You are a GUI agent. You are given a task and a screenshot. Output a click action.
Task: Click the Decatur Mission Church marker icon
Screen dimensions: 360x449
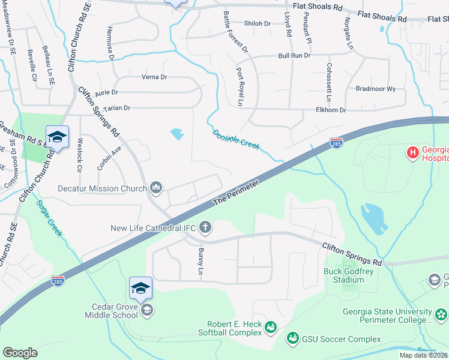point(157,188)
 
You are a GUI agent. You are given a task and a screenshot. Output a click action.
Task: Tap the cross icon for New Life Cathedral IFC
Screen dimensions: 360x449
point(205,227)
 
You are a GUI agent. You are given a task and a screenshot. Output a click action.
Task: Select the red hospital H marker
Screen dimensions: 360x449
point(413,153)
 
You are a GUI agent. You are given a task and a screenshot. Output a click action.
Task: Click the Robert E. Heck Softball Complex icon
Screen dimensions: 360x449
point(270,328)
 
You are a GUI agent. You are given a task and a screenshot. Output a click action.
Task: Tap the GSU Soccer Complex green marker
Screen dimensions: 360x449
point(293,339)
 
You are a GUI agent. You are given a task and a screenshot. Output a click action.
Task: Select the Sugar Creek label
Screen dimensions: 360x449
point(49,218)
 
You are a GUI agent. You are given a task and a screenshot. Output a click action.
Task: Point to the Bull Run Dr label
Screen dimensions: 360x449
point(294,55)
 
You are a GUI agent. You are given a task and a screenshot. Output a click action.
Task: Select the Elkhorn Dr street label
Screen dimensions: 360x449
point(331,110)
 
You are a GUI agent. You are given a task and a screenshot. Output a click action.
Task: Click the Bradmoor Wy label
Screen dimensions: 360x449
point(376,89)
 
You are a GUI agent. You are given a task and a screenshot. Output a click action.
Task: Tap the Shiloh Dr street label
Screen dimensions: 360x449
point(258,23)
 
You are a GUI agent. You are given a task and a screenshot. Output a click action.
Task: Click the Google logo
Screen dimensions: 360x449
point(20,353)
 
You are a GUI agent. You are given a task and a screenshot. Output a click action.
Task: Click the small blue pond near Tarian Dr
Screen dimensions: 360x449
point(177,134)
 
